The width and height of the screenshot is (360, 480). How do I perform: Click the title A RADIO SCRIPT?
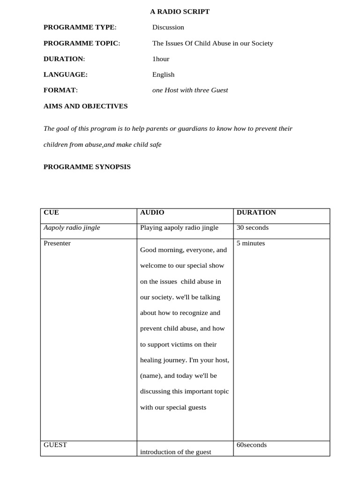tap(180, 12)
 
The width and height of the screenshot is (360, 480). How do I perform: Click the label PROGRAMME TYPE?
tap(80, 27)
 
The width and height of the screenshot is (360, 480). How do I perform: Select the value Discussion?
tap(168, 27)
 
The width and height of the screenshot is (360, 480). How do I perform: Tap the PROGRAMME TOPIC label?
tap(82, 43)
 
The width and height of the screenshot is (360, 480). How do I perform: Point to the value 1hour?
tap(160, 59)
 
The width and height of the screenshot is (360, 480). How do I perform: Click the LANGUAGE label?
tap(65, 75)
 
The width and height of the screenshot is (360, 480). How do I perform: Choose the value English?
tap(163, 75)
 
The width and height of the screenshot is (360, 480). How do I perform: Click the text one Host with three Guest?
tap(190, 90)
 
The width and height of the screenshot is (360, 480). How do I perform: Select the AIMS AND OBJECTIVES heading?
tap(85, 106)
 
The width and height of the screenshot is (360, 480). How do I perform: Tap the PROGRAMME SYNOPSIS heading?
tap(87, 167)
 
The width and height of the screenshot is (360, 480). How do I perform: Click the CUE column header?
tap(51, 212)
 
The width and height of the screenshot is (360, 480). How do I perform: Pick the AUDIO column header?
tap(152, 212)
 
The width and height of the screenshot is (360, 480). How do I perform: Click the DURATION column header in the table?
tap(256, 212)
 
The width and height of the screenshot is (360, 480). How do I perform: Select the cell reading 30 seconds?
tap(252, 228)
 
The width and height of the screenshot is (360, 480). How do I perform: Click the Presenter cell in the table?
tap(57, 243)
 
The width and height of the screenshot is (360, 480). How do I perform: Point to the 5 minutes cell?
tap(250, 243)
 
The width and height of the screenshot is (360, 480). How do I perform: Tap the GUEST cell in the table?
tap(55, 445)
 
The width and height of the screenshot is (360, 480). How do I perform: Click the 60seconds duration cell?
tap(251, 445)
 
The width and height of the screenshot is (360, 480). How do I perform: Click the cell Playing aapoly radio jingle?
tap(179, 228)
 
